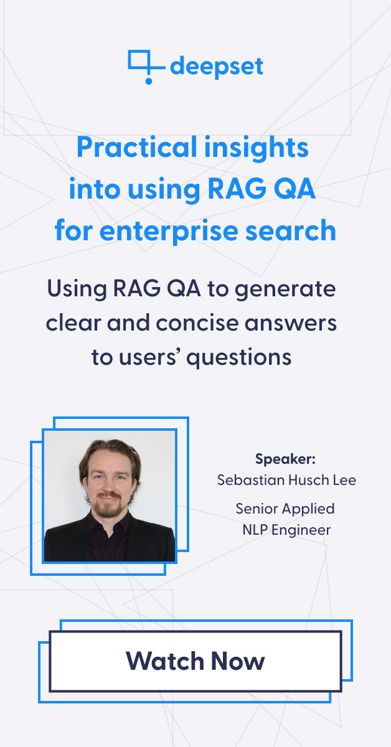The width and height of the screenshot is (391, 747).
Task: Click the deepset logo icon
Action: tap(147, 67)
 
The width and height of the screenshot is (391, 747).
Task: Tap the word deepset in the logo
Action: tap(217, 67)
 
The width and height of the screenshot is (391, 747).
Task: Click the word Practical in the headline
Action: tap(137, 148)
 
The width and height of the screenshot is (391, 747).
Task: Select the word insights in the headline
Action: tap(257, 148)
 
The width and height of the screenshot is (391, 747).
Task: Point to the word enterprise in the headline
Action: tap(169, 231)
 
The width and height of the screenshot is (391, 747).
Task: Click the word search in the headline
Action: tap(291, 230)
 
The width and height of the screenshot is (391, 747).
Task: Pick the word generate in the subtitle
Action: tap(285, 289)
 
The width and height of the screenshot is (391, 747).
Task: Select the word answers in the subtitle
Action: tap(291, 324)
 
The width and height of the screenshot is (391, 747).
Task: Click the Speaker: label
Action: tap(285, 459)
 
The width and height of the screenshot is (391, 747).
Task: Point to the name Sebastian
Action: tap(250, 480)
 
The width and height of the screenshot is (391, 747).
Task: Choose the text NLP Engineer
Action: tap(286, 530)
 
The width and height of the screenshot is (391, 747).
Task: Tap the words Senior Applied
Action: tap(285, 509)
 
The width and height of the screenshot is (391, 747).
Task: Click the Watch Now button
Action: tap(195, 661)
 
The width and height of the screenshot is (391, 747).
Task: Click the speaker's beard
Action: tap(106, 507)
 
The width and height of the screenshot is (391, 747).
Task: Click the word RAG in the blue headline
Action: tap(237, 189)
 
